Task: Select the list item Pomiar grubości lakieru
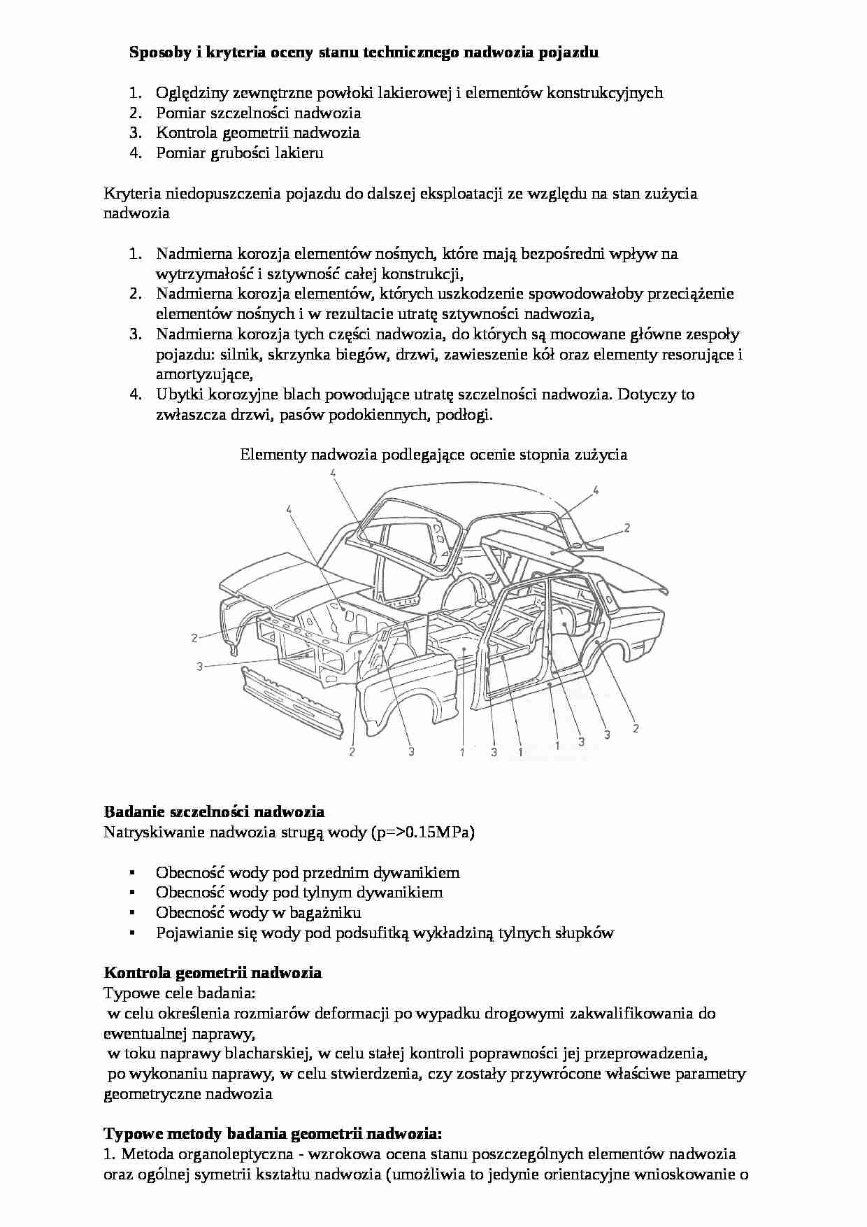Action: (x=239, y=153)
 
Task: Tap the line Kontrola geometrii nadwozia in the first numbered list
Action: (x=257, y=133)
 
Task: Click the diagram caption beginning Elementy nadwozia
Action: (x=433, y=455)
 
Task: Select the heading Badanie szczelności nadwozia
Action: (x=214, y=812)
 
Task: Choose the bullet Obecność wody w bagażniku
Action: (x=258, y=913)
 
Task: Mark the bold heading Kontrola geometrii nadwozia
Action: (x=213, y=973)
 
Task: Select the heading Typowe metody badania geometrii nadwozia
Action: (x=273, y=1133)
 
